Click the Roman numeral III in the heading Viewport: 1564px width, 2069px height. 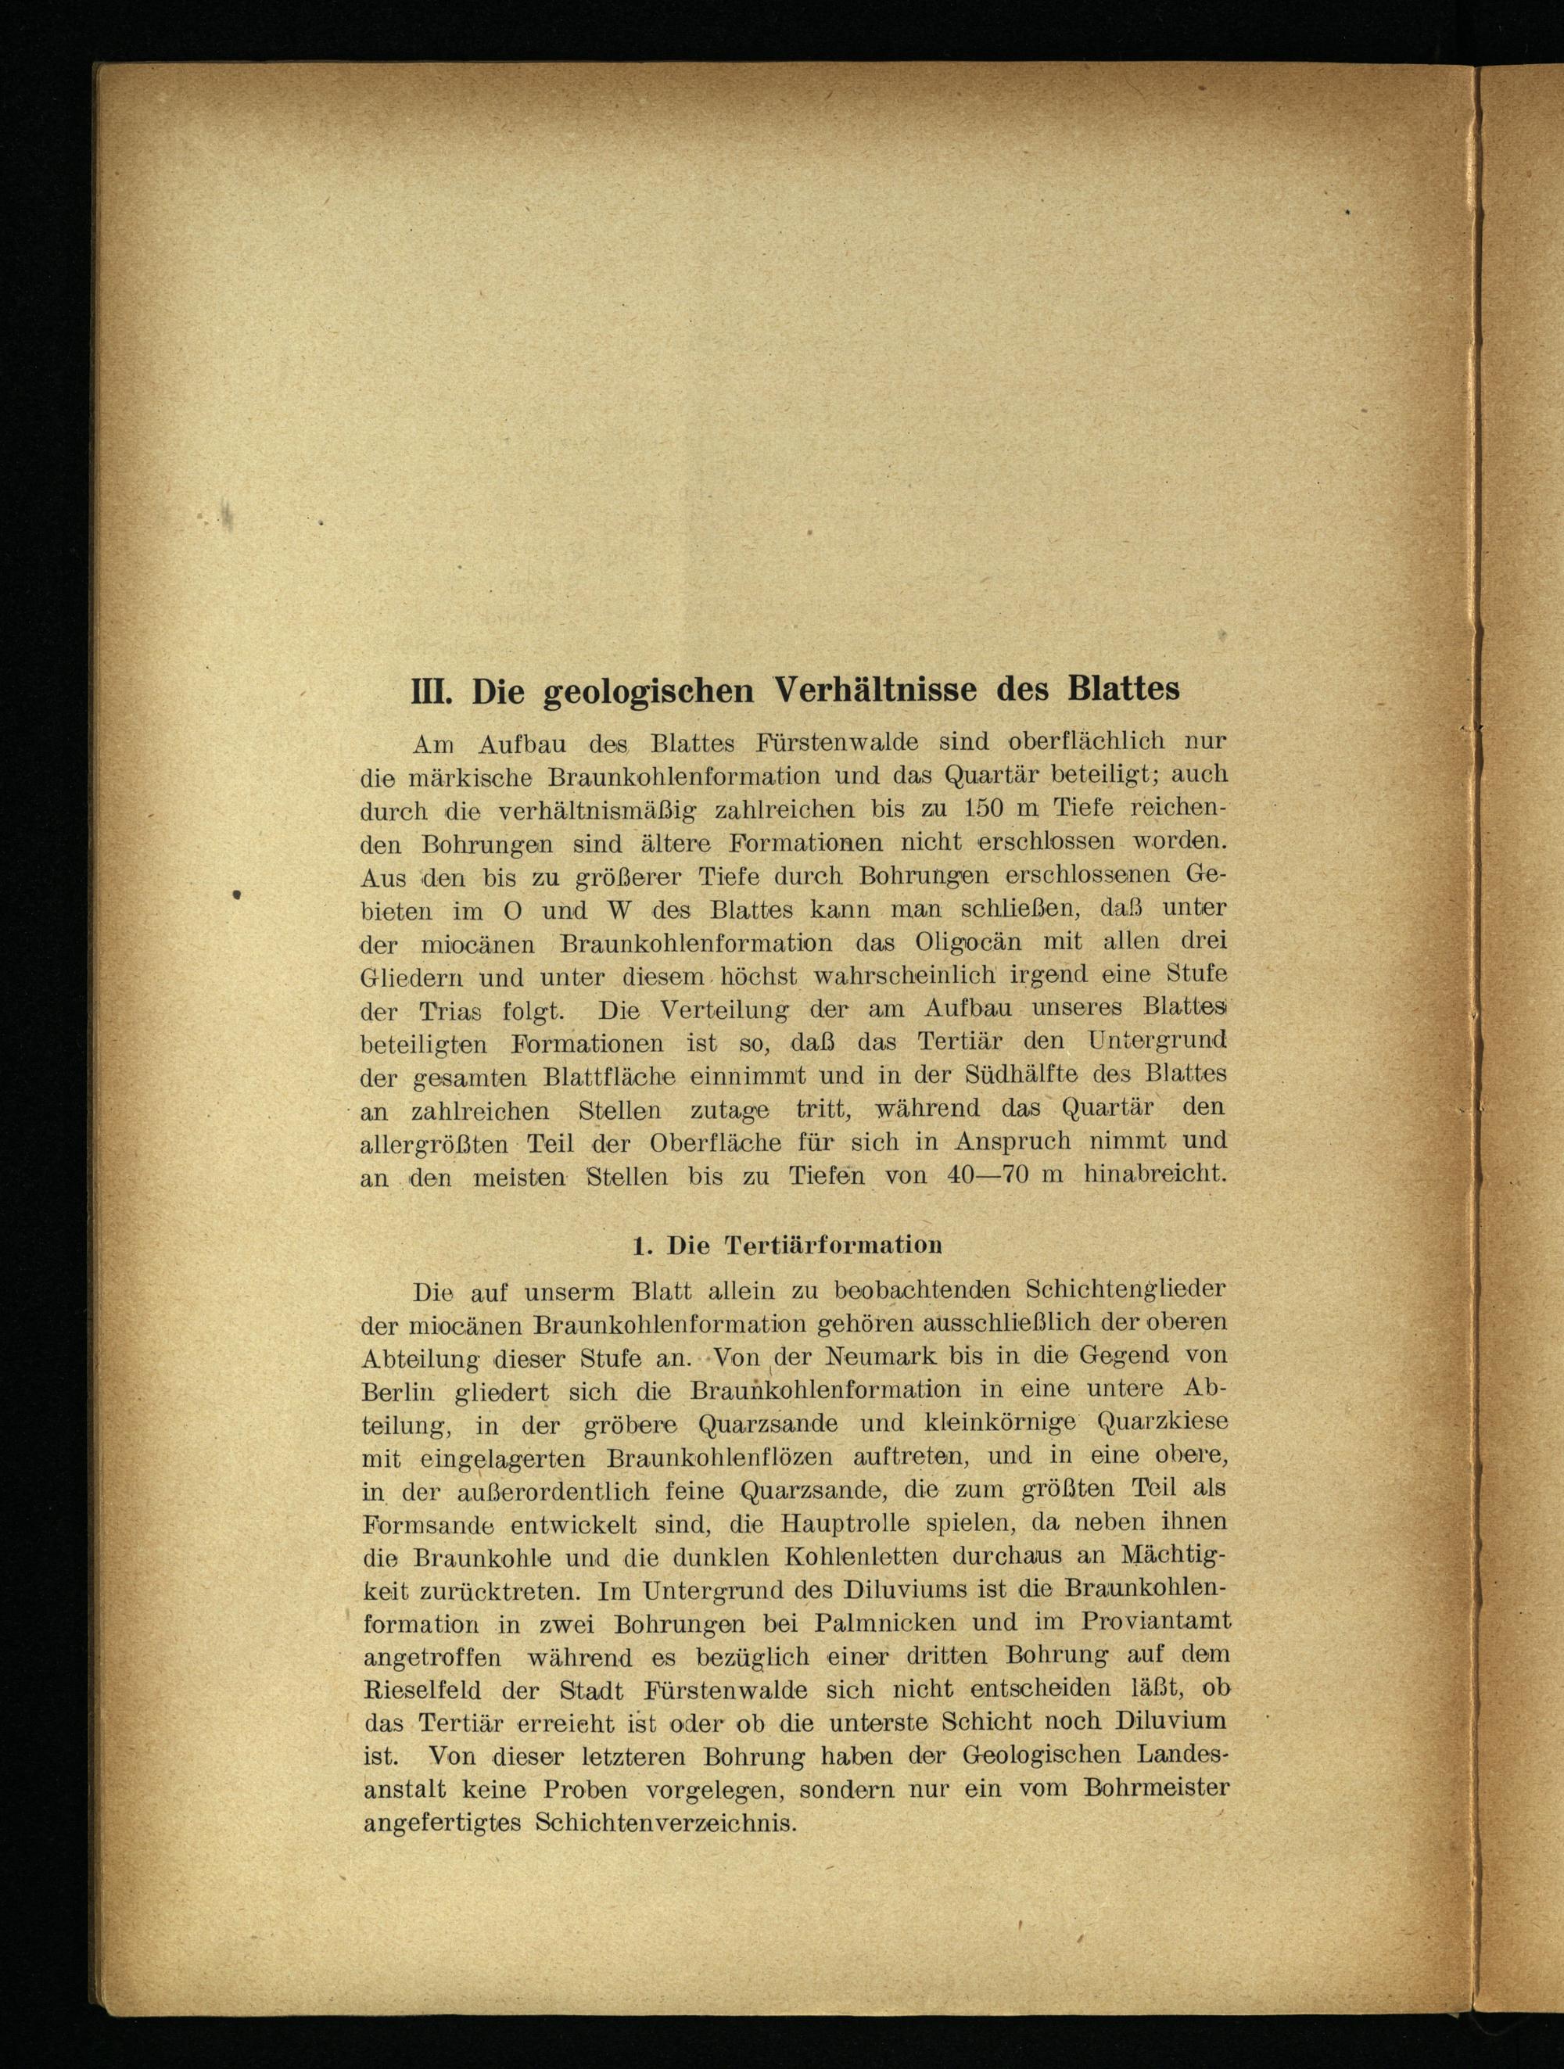pos(432,691)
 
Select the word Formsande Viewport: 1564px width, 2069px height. pos(428,1526)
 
